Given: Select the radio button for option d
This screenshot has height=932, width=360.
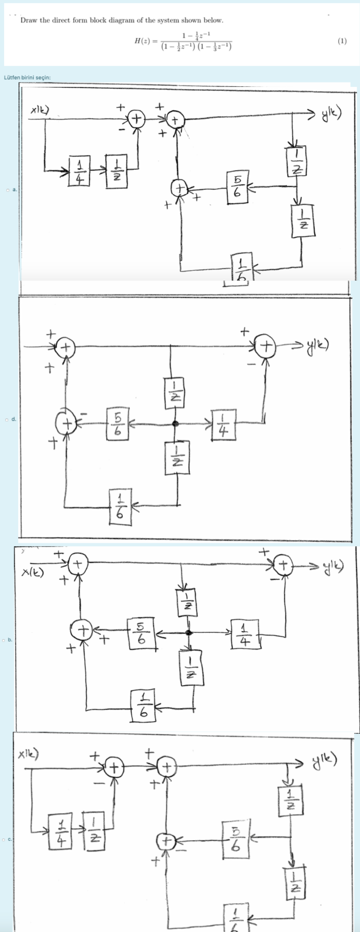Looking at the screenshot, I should pyautogui.click(x=8, y=419).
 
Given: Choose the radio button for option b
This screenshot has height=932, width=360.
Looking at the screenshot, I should pyautogui.click(x=4, y=640).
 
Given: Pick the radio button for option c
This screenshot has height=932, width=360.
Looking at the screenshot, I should pyautogui.click(x=4, y=839).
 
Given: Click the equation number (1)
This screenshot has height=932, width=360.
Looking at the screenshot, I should pyautogui.click(x=342, y=41).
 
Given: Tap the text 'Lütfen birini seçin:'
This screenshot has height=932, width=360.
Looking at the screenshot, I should pyautogui.click(x=27, y=77).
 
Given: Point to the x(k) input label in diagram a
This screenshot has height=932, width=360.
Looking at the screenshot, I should pyautogui.click(x=40, y=109).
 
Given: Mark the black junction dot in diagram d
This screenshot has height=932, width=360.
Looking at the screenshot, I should pyautogui.click(x=176, y=424).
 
